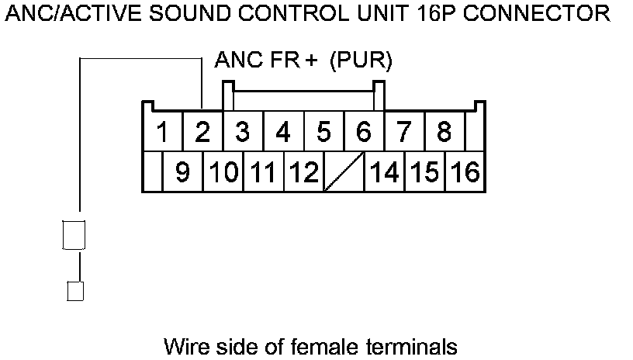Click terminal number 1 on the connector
[162, 132]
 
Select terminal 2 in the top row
[202, 132]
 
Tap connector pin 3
[243, 132]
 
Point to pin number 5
[323, 132]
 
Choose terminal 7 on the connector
[404, 132]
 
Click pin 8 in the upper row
[444, 132]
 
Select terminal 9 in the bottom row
[182, 171]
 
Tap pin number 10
[223, 171]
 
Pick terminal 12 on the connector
[304, 171]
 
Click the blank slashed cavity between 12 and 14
[344, 171]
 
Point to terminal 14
[384, 171]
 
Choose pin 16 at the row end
[465, 171]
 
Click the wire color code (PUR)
[361, 61]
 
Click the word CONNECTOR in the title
[537, 13]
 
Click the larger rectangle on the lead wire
[74, 235]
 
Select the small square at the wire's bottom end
[75, 291]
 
